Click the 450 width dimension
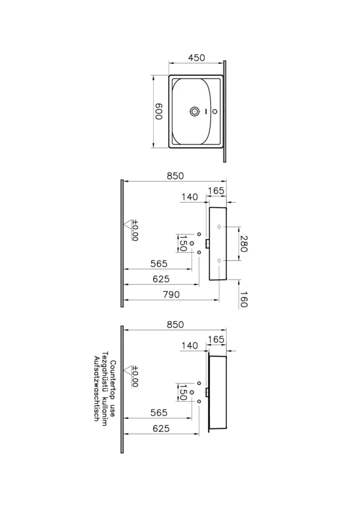tap(196, 58)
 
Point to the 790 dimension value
tap(171, 294)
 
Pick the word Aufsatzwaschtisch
tap(96, 389)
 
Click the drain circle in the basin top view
tap(195, 111)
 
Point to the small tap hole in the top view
tap(215, 111)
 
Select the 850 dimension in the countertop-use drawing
tap(175, 324)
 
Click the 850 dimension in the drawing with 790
tap(175, 175)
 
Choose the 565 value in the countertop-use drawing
tap(159, 413)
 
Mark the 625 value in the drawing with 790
tap(161, 279)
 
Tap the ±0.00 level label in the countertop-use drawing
tap(135, 376)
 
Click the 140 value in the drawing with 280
tap(190, 197)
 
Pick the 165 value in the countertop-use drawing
tap(215, 339)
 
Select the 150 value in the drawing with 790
tap(182, 243)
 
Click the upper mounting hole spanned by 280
tap(220, 226)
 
